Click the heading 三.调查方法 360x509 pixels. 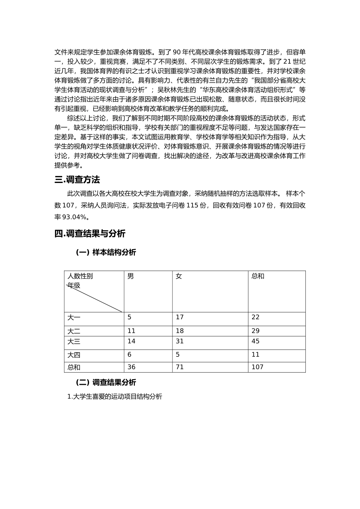click(77, 180)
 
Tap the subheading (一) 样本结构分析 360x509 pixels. click(106, 253)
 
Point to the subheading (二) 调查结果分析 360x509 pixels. click(106, 383)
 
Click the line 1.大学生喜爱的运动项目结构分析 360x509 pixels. click(114, 397)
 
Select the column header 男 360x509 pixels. click(130, 276)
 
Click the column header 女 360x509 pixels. click(179, 276)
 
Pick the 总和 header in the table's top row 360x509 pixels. click(258, 276)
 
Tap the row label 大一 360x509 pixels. click(74, 318)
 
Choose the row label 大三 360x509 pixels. click(74, 342)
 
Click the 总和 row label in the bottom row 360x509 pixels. click(74, 367)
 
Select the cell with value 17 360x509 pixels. click(180, 317)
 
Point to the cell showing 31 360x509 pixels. click(180, 341)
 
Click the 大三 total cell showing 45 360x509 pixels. click(255, 341)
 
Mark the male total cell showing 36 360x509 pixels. click(131, 367)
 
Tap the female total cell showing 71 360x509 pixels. click(180, 367)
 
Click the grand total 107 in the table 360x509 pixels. click(257, 367)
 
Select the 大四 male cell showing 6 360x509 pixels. click(130, 354)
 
